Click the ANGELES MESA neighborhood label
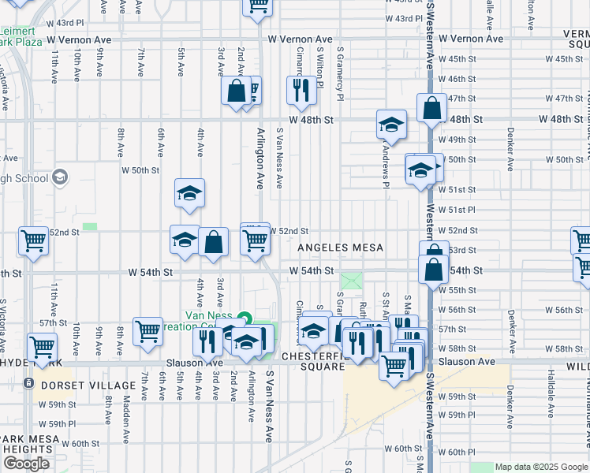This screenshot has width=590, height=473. (340, 248)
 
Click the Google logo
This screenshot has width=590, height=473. (26, 464)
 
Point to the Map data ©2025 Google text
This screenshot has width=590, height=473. (541, 467)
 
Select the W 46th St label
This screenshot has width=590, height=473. (457, 79)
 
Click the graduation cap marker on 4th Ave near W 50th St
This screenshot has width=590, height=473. (189, 193)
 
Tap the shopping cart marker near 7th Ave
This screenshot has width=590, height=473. (147, 332)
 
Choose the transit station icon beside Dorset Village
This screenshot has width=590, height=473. (28, 384)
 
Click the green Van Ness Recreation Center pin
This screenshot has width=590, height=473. (244, 318)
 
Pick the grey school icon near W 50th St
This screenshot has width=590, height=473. (59, 177)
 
